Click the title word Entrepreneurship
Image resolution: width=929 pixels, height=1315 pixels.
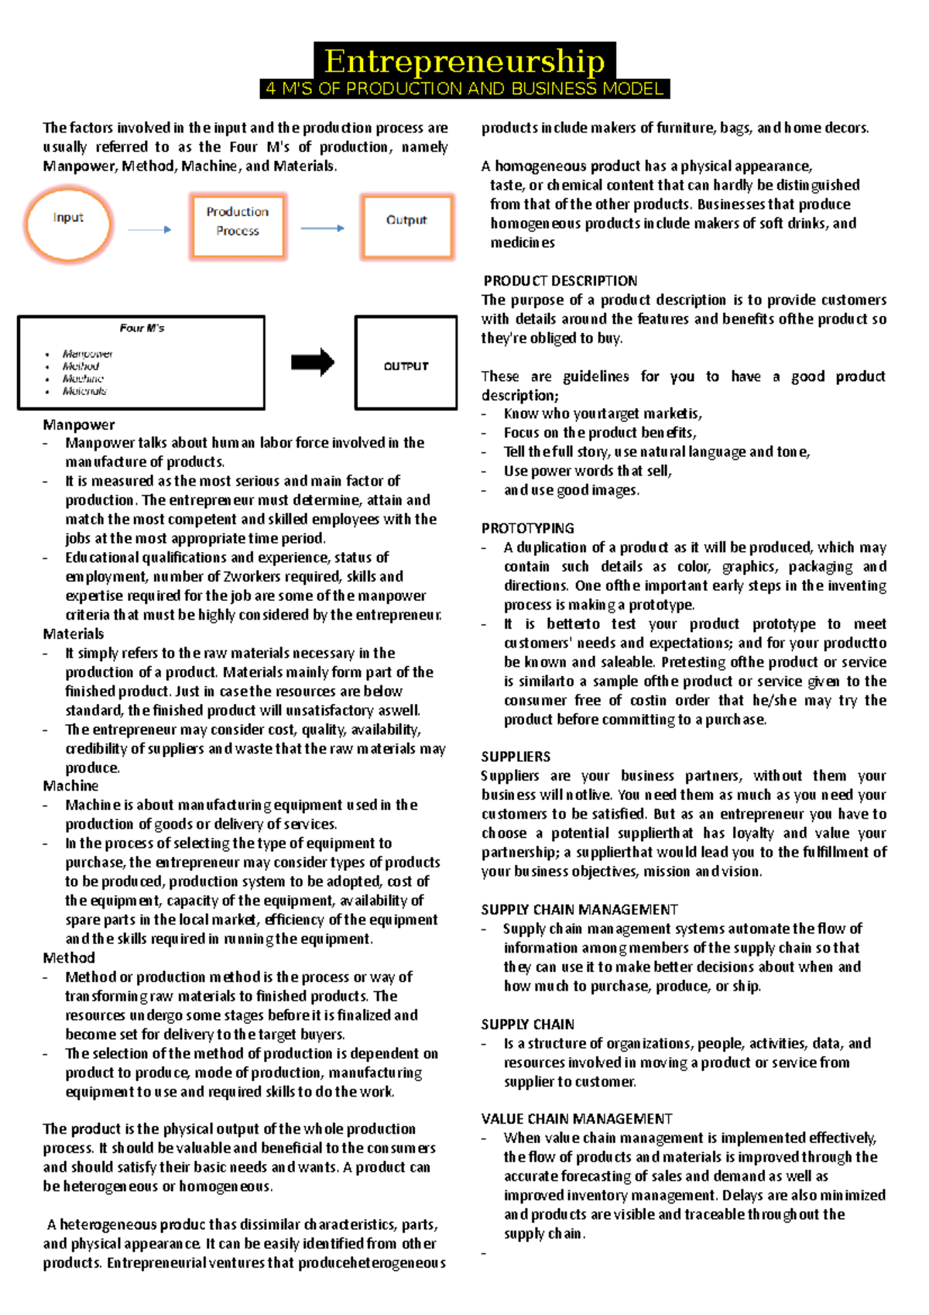(464, 61)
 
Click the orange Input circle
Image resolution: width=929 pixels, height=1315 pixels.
(68, 225)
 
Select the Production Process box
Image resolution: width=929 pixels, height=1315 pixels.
(238, 226)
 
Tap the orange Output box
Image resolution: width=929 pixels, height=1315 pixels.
(406, 225)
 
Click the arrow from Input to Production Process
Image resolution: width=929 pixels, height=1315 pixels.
(149, 229)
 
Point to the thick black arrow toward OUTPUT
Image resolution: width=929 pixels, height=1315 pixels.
(313, 362)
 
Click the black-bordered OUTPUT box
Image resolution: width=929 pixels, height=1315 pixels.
(406, 362)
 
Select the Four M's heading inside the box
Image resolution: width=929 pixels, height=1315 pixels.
(142, 328)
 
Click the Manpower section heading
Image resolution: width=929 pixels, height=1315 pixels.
(79, 424)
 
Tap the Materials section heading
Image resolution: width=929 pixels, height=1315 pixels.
(74, 633)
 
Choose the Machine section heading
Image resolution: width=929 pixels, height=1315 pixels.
(70, 785)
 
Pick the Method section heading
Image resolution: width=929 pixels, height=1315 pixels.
(69, 957)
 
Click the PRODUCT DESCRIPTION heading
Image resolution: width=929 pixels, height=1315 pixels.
(560, 280)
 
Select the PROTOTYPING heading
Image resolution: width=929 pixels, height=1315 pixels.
(527, 528)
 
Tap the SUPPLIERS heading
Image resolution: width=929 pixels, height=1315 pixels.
(516, 757)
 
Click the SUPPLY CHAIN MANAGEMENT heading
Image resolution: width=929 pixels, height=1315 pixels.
(579, 909)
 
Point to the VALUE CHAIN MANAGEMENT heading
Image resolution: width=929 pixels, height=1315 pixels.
(576, 1118)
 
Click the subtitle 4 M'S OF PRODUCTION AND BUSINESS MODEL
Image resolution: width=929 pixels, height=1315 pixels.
(464, 89)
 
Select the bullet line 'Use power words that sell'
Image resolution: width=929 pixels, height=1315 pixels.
(587, 471)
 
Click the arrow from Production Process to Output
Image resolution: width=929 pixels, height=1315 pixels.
(322, 228)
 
